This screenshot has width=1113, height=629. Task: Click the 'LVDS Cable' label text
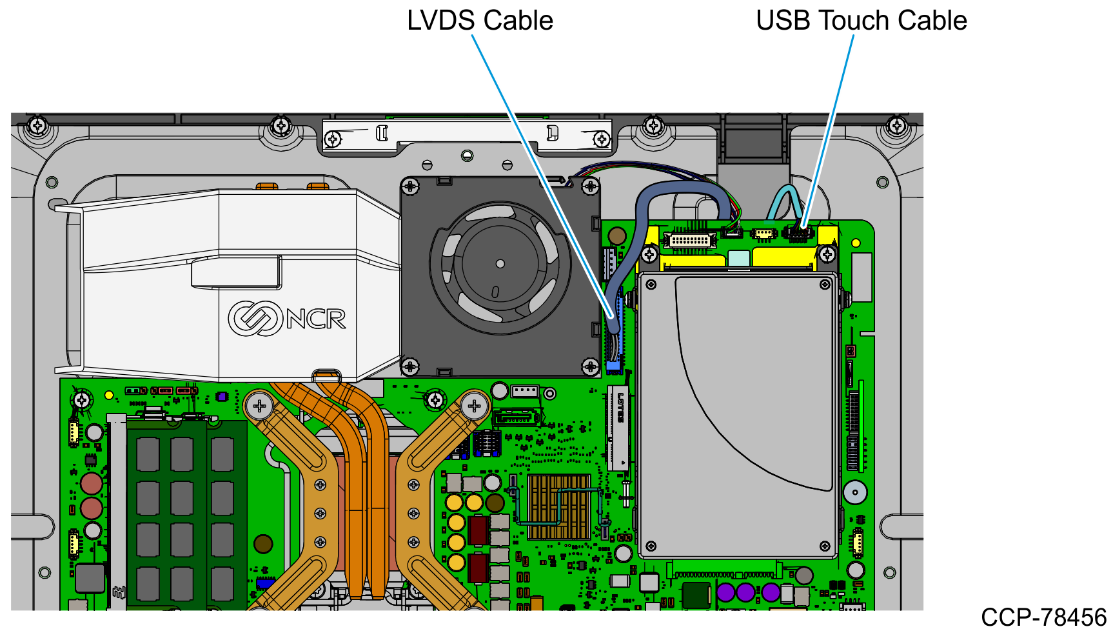[x=480, y=21]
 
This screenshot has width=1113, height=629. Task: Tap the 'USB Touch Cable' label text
[x=862, y=21]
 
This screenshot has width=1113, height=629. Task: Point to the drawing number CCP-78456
[x=1043, y=617]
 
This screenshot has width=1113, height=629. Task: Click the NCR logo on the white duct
[x=287, y=318]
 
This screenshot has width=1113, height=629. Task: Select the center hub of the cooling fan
[x=500, y=264]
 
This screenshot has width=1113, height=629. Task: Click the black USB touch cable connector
[x=799, y=233]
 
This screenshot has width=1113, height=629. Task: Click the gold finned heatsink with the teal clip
[x=558, y=507]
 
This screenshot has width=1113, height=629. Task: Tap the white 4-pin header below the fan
[x=525, y=391]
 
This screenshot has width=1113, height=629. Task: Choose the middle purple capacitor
[x=745, y=592]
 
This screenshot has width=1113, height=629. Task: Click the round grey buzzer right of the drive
[x=855, y=492]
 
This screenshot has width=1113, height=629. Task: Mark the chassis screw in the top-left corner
[x=38, y=125]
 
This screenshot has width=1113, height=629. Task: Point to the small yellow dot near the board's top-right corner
[x=856, y=243]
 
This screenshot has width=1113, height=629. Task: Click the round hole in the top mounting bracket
[x=467, y=155]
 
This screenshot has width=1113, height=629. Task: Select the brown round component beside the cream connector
[x=617, y=235]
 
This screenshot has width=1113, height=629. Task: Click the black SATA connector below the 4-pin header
[x=515, y=418]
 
